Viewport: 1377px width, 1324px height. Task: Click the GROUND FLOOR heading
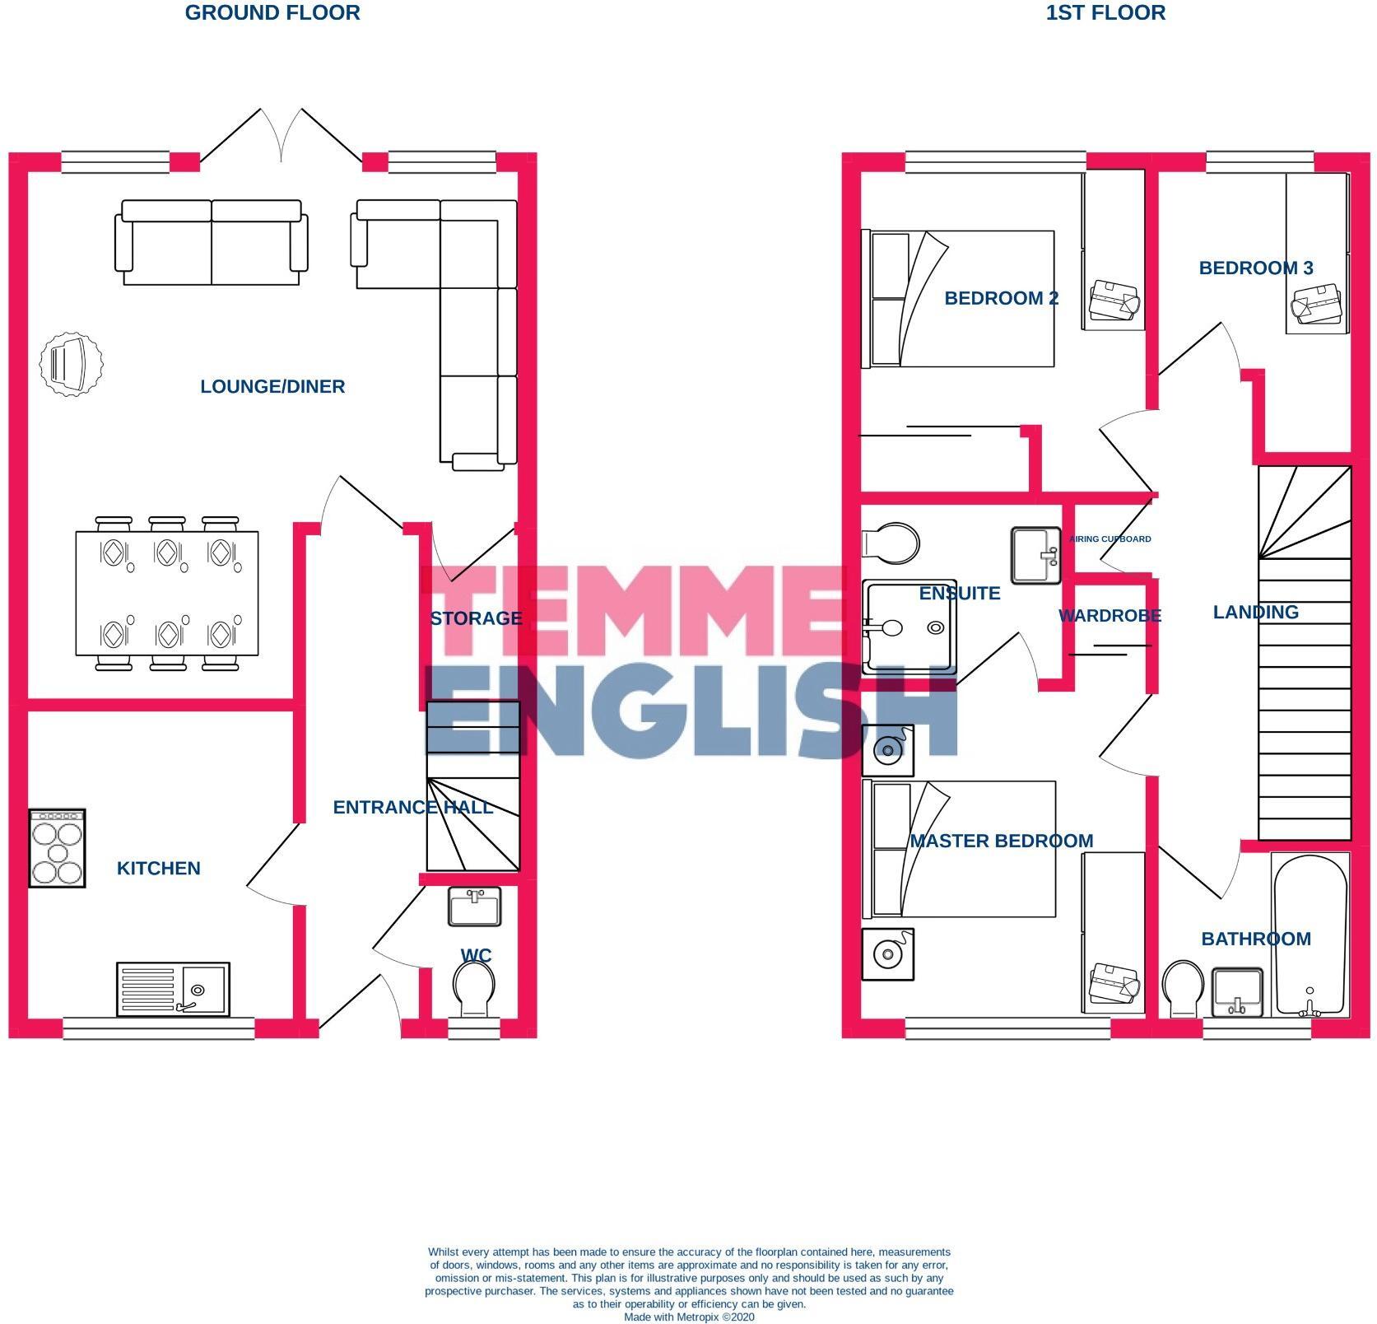(x=272, y=13)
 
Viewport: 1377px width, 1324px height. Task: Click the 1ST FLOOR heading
(x=1105, y=13)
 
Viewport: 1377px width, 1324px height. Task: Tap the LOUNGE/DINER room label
(x=272, y=386)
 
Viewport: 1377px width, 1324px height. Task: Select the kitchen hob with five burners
(x=57, y=848)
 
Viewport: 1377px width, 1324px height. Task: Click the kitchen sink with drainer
(x=173, y=989)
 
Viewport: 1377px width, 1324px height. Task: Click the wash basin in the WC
(x=475, y=907)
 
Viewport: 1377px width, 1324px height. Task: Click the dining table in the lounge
(x=166, y=594)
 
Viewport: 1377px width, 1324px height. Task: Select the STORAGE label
(x=476, y=618)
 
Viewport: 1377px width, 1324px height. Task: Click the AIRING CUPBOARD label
(x=1110, y=539)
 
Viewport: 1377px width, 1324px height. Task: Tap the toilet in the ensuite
(x=890, y=543)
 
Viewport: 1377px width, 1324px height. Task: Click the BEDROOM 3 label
(x=1256, y=268)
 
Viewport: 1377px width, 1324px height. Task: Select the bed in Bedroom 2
(x=957, y=299)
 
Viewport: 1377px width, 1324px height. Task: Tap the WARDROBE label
(x=1110, y=616)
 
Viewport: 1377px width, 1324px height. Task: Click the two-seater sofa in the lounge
(x=212, y=242)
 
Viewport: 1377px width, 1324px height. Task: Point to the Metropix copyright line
(x=689, y=1317)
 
